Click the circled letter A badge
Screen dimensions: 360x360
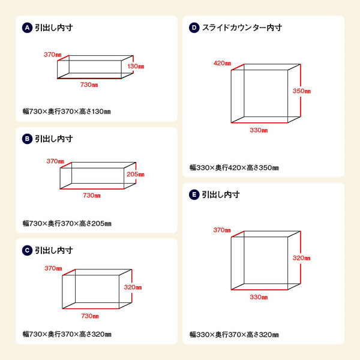[27, 28]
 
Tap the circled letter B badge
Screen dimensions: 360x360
[27, 139]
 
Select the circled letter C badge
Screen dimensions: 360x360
[27, 250]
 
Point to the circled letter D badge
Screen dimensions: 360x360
[194, 28]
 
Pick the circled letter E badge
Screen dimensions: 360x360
[194, 195]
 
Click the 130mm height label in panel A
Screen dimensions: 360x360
[136, 66]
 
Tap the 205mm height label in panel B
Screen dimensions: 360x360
[136, 175]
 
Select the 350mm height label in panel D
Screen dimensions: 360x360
[302, 91]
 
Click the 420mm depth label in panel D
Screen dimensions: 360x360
[222, 63]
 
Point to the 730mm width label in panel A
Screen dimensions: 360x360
[89, 85]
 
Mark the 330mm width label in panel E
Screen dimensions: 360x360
[259, 297]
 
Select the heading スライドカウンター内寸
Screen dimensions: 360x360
[242, 28]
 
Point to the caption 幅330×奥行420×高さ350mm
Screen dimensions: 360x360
[234, 167]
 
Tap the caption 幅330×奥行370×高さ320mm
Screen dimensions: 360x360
[234, 334]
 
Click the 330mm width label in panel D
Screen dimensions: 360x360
[259, 130]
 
